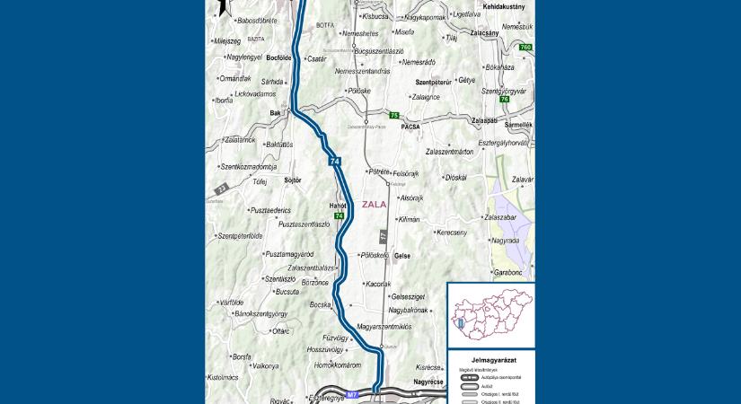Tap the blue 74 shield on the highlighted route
[x=335, y=162]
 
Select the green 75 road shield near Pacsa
[x=393, y=116]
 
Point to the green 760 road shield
[x=525, y=47]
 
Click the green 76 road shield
[x=505, y=99]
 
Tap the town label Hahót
[x=338, y=206]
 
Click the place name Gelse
[x=401, y=256]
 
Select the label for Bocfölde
[x=279, y=57]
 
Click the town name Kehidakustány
[x=503, y=5]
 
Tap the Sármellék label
[x=517, y=125]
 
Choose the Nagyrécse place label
[x=428, y=382]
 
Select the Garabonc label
[x=507, y=271]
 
